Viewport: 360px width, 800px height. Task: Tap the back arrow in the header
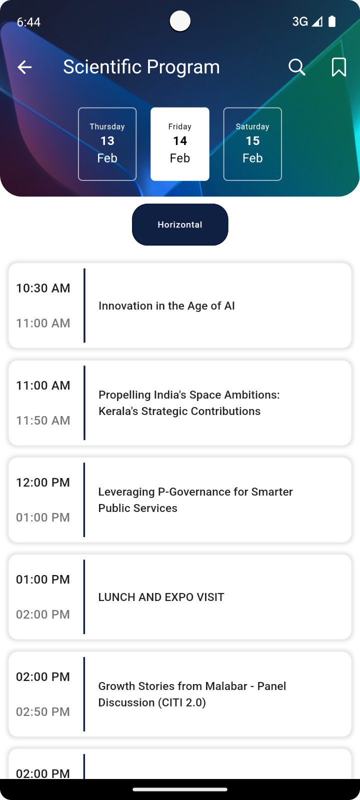tap(24, 67)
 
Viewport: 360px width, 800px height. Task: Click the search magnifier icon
tap(297, 67)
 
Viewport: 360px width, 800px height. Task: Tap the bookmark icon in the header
tap(338, 67)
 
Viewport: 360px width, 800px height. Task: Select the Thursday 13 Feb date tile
tap(107, 144)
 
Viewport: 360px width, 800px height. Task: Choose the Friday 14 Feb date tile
tap(180, 144)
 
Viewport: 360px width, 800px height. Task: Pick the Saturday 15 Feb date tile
tap(252, 144)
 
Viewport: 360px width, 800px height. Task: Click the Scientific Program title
tap(141, 67)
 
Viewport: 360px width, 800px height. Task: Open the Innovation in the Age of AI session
tap(166, 305)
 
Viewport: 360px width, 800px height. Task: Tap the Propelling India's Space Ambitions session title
tap(189, 403)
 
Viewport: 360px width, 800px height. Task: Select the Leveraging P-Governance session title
tap(195, 500)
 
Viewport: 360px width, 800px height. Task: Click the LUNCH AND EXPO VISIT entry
tap(161, 597)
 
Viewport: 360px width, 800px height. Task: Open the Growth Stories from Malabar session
tap(192, 694)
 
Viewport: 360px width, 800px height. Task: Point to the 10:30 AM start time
tap(43, 288)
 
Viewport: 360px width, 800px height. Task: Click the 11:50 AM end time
tap(43, 420)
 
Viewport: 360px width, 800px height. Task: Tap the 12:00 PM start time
tap(43, 482)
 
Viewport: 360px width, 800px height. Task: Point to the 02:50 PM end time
tap(43, 712)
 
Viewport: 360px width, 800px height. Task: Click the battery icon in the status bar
tap(332, 21)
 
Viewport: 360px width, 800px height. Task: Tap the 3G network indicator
tap(300, 22)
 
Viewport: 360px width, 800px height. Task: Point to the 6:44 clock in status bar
tap(28, 22)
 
